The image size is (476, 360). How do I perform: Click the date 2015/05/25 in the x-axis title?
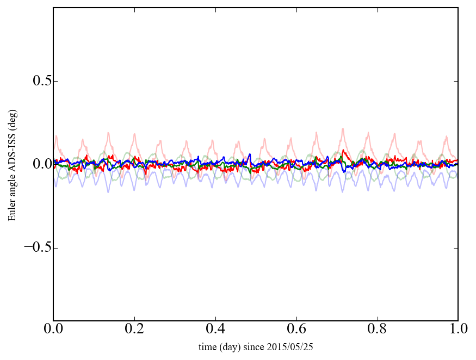click(x=293, y=346)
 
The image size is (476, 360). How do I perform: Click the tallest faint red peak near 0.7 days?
click(x=343, y=129)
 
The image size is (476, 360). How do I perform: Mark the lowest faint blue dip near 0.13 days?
click(x=108, y=191)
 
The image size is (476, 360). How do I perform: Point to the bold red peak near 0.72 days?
click(x=343, y=150)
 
